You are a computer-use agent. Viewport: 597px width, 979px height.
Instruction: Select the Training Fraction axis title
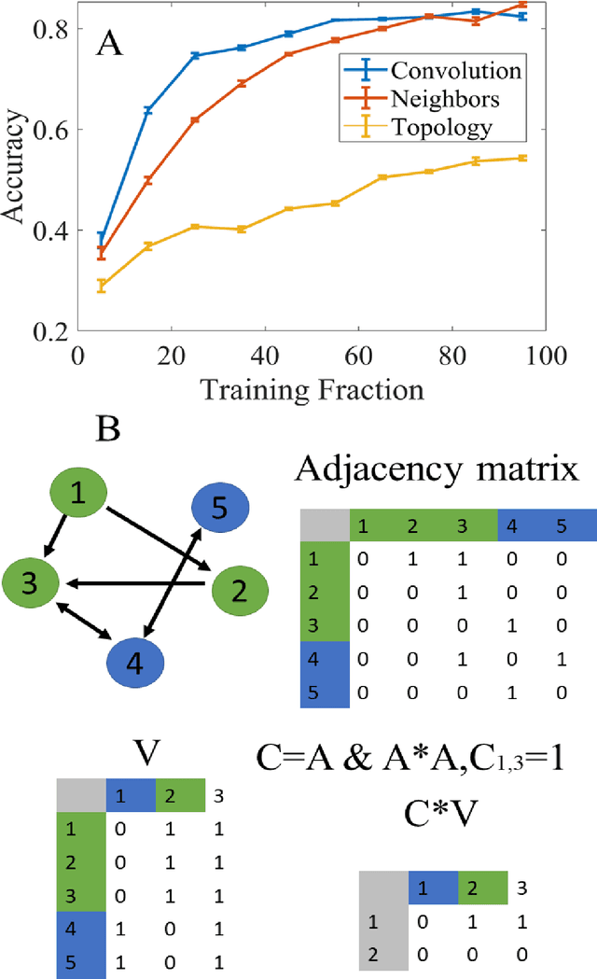(x=310, y=389)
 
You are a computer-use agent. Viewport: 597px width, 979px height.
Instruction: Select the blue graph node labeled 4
(x=135, y=663)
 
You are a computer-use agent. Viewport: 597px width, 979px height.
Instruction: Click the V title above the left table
(x=143, y=752)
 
